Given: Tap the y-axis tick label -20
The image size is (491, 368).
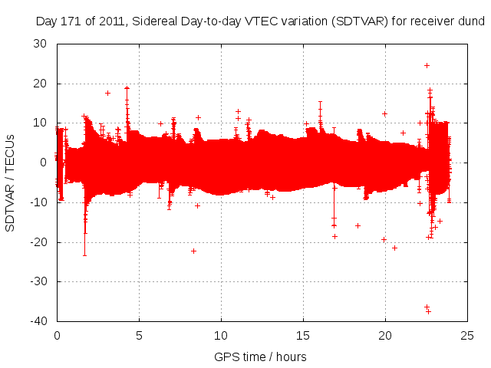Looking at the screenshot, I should pyautogui.click(x=39, y=242).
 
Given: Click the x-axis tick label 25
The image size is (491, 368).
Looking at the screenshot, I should pyautogui.click(x=468, y=335).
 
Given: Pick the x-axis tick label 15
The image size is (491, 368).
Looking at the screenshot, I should pyautogui.click(x=304, y=335).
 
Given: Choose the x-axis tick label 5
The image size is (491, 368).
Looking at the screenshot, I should pyautogui.click(x=139, y=335).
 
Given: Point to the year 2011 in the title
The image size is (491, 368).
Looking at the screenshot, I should pyautogui.click(x=113, y=21).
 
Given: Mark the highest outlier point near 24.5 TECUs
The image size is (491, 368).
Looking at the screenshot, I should pyautogui.click(x=427, y=65).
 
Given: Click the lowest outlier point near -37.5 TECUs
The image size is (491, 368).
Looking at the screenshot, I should pyautogui.click(x=428, y=311).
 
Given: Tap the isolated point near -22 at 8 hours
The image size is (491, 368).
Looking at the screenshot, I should pyautogui.click(x=194, y=251).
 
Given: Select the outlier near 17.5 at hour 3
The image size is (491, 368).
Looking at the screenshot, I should pyautogui.click(x=107, y=93).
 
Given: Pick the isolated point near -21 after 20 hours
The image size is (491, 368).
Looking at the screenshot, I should pyautogui.click(x=394, y=247).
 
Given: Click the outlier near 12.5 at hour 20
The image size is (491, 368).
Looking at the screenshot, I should pyautogui.click(x=384, y=113).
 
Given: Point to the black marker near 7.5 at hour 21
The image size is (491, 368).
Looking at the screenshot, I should pyautogui.click(x=403, y=133).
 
